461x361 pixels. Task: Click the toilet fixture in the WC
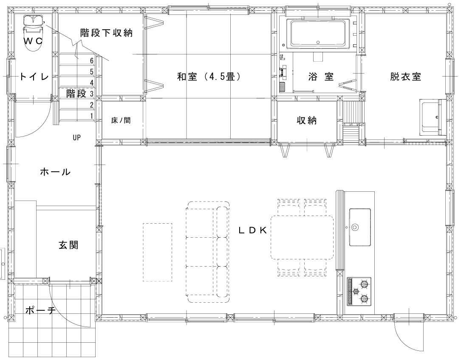[33, 33]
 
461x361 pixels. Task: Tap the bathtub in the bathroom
[318, 34]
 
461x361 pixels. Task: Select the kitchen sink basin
[360, 227]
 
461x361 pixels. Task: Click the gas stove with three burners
[359, 291]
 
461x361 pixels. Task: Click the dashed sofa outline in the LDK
[208, 252]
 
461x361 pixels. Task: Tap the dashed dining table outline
[302, 237]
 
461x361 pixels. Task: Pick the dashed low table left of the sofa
[158, 252]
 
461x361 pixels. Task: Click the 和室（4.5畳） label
[209, 77]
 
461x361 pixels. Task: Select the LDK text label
[252, 230]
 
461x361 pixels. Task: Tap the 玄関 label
[68, 245]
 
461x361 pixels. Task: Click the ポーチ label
[40, 310]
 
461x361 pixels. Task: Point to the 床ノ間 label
[121, 120]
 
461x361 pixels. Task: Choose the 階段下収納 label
[106, 33]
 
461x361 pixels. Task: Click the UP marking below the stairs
[76, 137]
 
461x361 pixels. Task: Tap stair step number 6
[92, 61]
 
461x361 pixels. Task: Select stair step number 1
[92, 116]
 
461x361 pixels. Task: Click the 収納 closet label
[307, 120]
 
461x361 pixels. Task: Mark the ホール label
[55, 171]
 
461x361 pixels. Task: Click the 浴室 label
[321, 77]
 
